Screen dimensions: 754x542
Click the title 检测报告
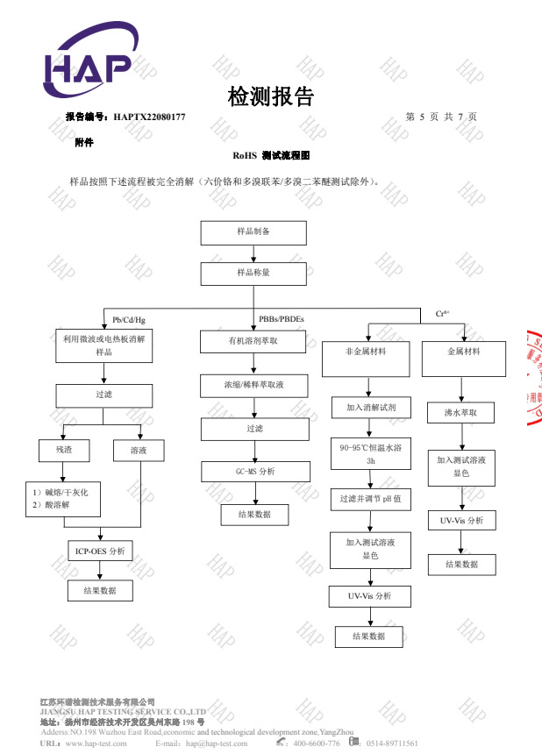click(x=270, y=96)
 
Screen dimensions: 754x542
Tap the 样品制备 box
click(x=253, y=232)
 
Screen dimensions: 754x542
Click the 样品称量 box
click(x=253, y=274)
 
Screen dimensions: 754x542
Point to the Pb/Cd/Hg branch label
click(x=129, y=319)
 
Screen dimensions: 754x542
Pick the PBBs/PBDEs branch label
click(x=282, y=318)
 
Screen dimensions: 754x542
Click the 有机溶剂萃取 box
click(x=253, y=342)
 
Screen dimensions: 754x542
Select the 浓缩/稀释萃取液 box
click(x=254, y=385)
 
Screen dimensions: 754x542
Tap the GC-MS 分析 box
click(x=254, y=472)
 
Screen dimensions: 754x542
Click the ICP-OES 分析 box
click(x=101, y=551)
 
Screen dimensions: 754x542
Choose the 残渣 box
click(x=63, y=451)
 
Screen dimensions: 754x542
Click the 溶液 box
click(x=139, y=451)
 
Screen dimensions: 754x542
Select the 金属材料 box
click(x=464, y=351)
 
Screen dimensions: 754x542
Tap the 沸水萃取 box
click(x=464, y=411)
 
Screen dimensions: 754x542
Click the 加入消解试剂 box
click(x=367, y=408)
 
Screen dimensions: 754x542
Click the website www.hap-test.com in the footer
click(x=96, y=743)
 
